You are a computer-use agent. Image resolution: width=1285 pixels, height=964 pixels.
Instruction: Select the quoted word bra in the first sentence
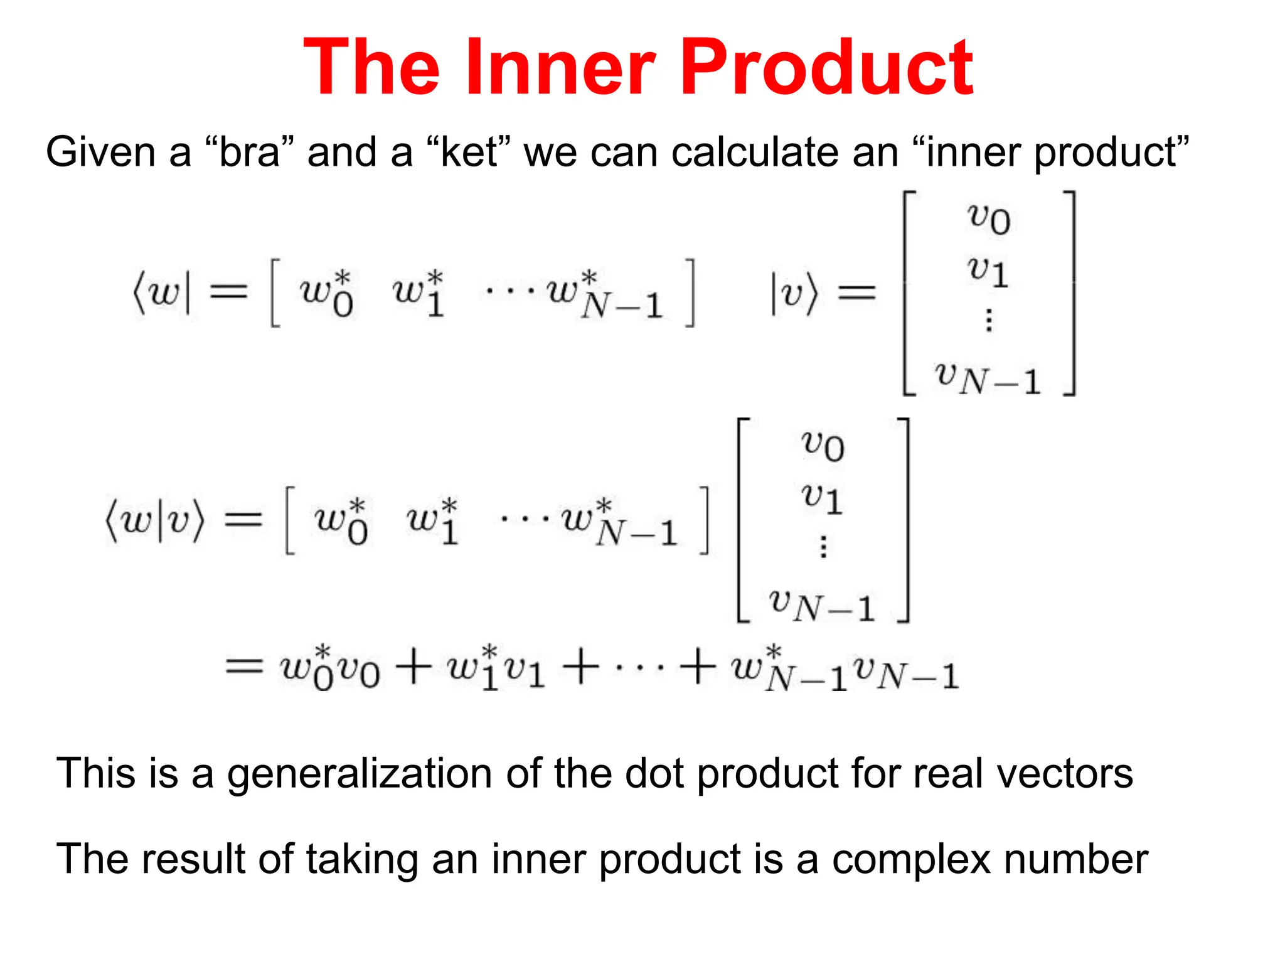[x=249, y=153]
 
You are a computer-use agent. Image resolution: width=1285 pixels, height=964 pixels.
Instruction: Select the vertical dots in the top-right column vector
[x=989, y=320]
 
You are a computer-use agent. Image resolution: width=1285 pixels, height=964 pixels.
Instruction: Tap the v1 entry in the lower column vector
[x=822, y=498]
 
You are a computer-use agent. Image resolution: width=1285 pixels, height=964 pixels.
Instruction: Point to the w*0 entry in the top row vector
[x=326, y=292]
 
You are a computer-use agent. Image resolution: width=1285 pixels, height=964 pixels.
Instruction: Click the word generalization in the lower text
[x=359, y=773]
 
